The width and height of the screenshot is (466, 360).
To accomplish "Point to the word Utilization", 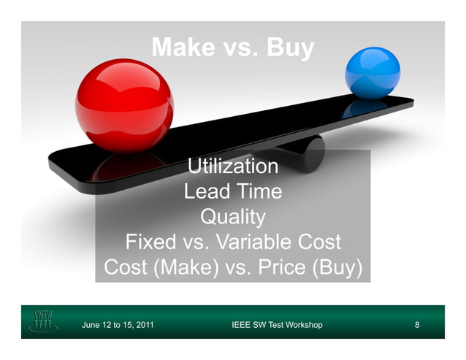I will [x=233, y=166].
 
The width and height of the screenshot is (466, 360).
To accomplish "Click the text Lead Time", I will [x=233, y=192].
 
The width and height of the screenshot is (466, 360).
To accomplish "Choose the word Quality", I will [x=233, y=217].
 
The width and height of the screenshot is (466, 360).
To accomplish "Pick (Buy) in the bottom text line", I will [x=337, y=267].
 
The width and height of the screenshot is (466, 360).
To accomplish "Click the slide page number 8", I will [x=416, y=324].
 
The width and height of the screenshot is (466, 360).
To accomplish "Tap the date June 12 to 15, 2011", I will [x=118, y=324].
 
